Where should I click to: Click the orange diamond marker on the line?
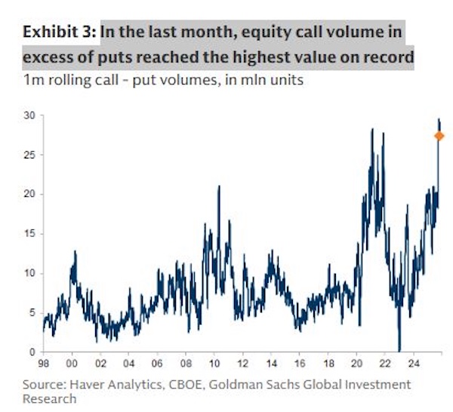(x=439, y=136)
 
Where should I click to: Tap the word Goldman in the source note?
(x=243, y=384)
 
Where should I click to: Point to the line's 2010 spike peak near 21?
(x=219, y=186)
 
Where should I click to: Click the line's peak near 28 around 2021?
(x=372, y=130)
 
